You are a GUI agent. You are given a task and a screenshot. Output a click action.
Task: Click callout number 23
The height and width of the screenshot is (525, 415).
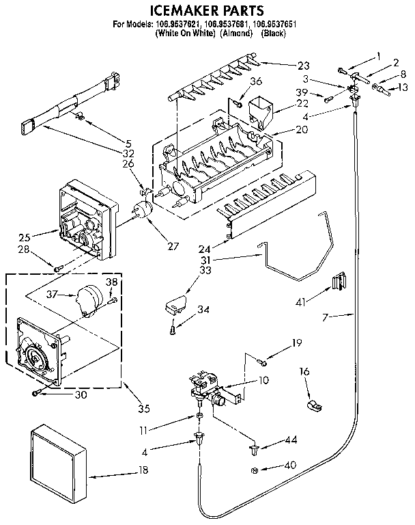pyautogui.click(x=303, y=66)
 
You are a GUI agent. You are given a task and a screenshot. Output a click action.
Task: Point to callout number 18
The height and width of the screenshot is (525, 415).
pyautogui.click(x=143, y=471)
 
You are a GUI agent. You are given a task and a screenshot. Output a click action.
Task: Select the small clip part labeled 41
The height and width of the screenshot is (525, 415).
pyautogui.click(x=338, y=280)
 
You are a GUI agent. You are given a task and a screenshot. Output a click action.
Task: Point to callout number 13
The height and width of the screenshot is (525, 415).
pyautogui.click(x=403, y=87)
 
